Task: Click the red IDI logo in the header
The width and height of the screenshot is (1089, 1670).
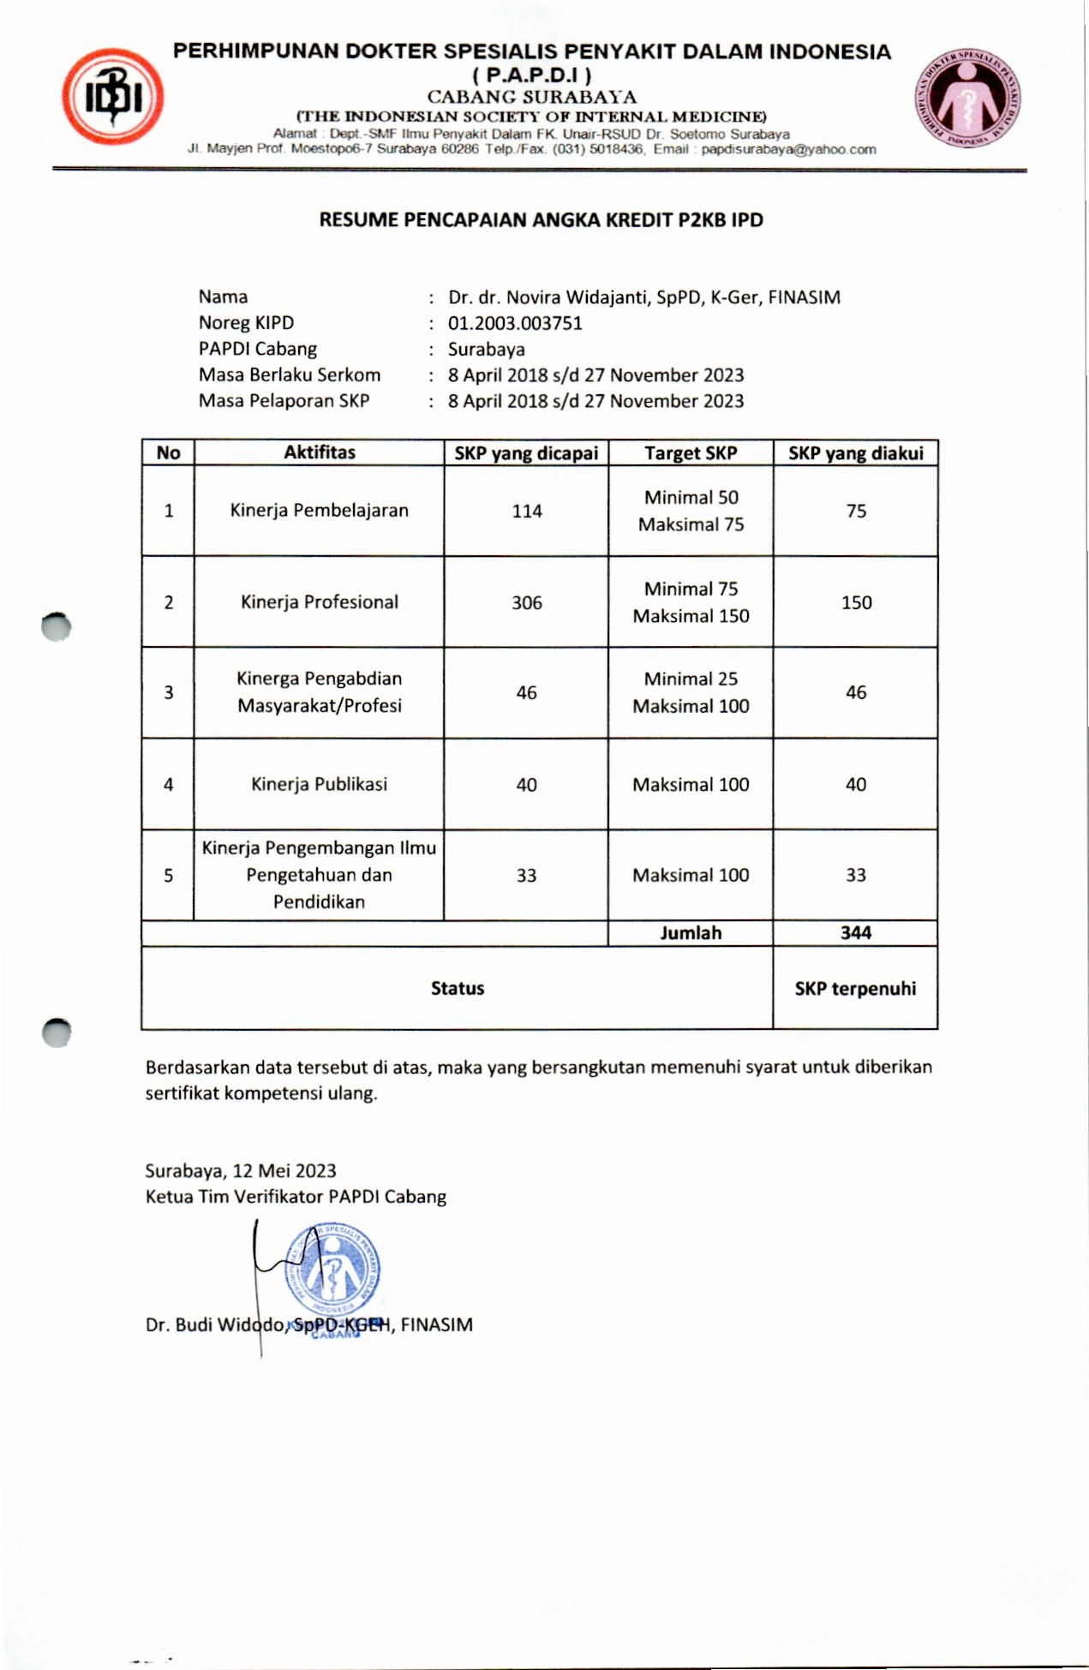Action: pos(112,97)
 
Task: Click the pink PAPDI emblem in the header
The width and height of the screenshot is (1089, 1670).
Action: pos(968,95)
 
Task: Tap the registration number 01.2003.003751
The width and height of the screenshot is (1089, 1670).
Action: pos(515,323)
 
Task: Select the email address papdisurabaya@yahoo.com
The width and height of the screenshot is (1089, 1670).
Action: pos(788,149)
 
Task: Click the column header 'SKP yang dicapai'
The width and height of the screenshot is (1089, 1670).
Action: pos(526,453)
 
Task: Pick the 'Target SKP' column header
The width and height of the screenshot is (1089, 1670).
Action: pos(691,453)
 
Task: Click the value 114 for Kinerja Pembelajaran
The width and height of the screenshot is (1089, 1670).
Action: pos(527,512)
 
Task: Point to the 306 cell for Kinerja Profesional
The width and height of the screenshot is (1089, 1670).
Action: pos(527,603)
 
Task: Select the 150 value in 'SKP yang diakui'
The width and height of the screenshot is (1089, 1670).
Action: pos(856,603)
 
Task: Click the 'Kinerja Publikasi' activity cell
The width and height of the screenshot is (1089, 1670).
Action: pos(319,784)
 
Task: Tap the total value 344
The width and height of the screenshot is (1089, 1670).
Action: pos(855,933)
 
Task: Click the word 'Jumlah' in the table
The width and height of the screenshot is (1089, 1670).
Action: pos(691,933)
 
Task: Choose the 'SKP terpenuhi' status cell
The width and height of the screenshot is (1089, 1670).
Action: pos(855,989)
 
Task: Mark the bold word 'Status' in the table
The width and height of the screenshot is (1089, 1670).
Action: pos(458,989)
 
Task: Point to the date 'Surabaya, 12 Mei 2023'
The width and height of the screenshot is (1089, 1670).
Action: pos(241,1171)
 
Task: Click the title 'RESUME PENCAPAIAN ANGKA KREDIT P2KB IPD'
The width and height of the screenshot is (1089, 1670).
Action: pos(541,220)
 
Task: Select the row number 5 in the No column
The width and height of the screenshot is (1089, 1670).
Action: pos(168,876)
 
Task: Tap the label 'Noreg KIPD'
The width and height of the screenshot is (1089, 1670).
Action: pos(246,323)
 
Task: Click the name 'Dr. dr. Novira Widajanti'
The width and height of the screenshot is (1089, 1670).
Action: pos(549,297)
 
